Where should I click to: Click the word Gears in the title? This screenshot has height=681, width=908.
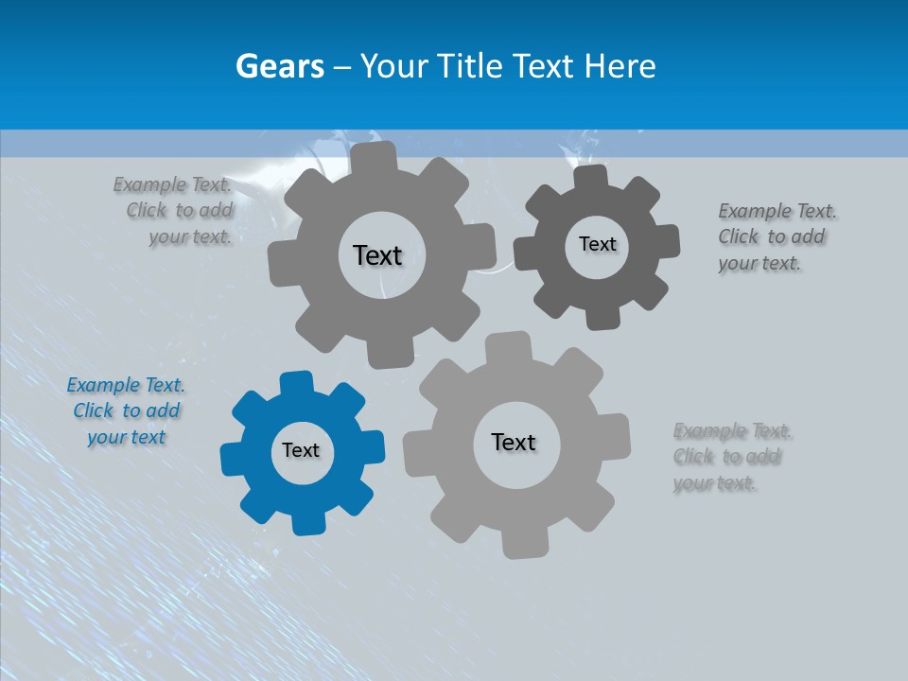279,66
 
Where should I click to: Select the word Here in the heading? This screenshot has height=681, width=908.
620,66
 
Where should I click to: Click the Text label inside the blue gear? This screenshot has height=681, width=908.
301,450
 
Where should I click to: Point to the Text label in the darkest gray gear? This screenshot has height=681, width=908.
597,244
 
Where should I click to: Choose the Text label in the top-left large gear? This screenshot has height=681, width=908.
377,255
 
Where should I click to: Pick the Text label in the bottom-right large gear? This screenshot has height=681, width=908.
514,442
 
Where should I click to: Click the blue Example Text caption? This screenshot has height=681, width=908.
126,411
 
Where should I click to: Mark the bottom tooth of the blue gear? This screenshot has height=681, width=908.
306,523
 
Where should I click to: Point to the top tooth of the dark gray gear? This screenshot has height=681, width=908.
588,177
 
